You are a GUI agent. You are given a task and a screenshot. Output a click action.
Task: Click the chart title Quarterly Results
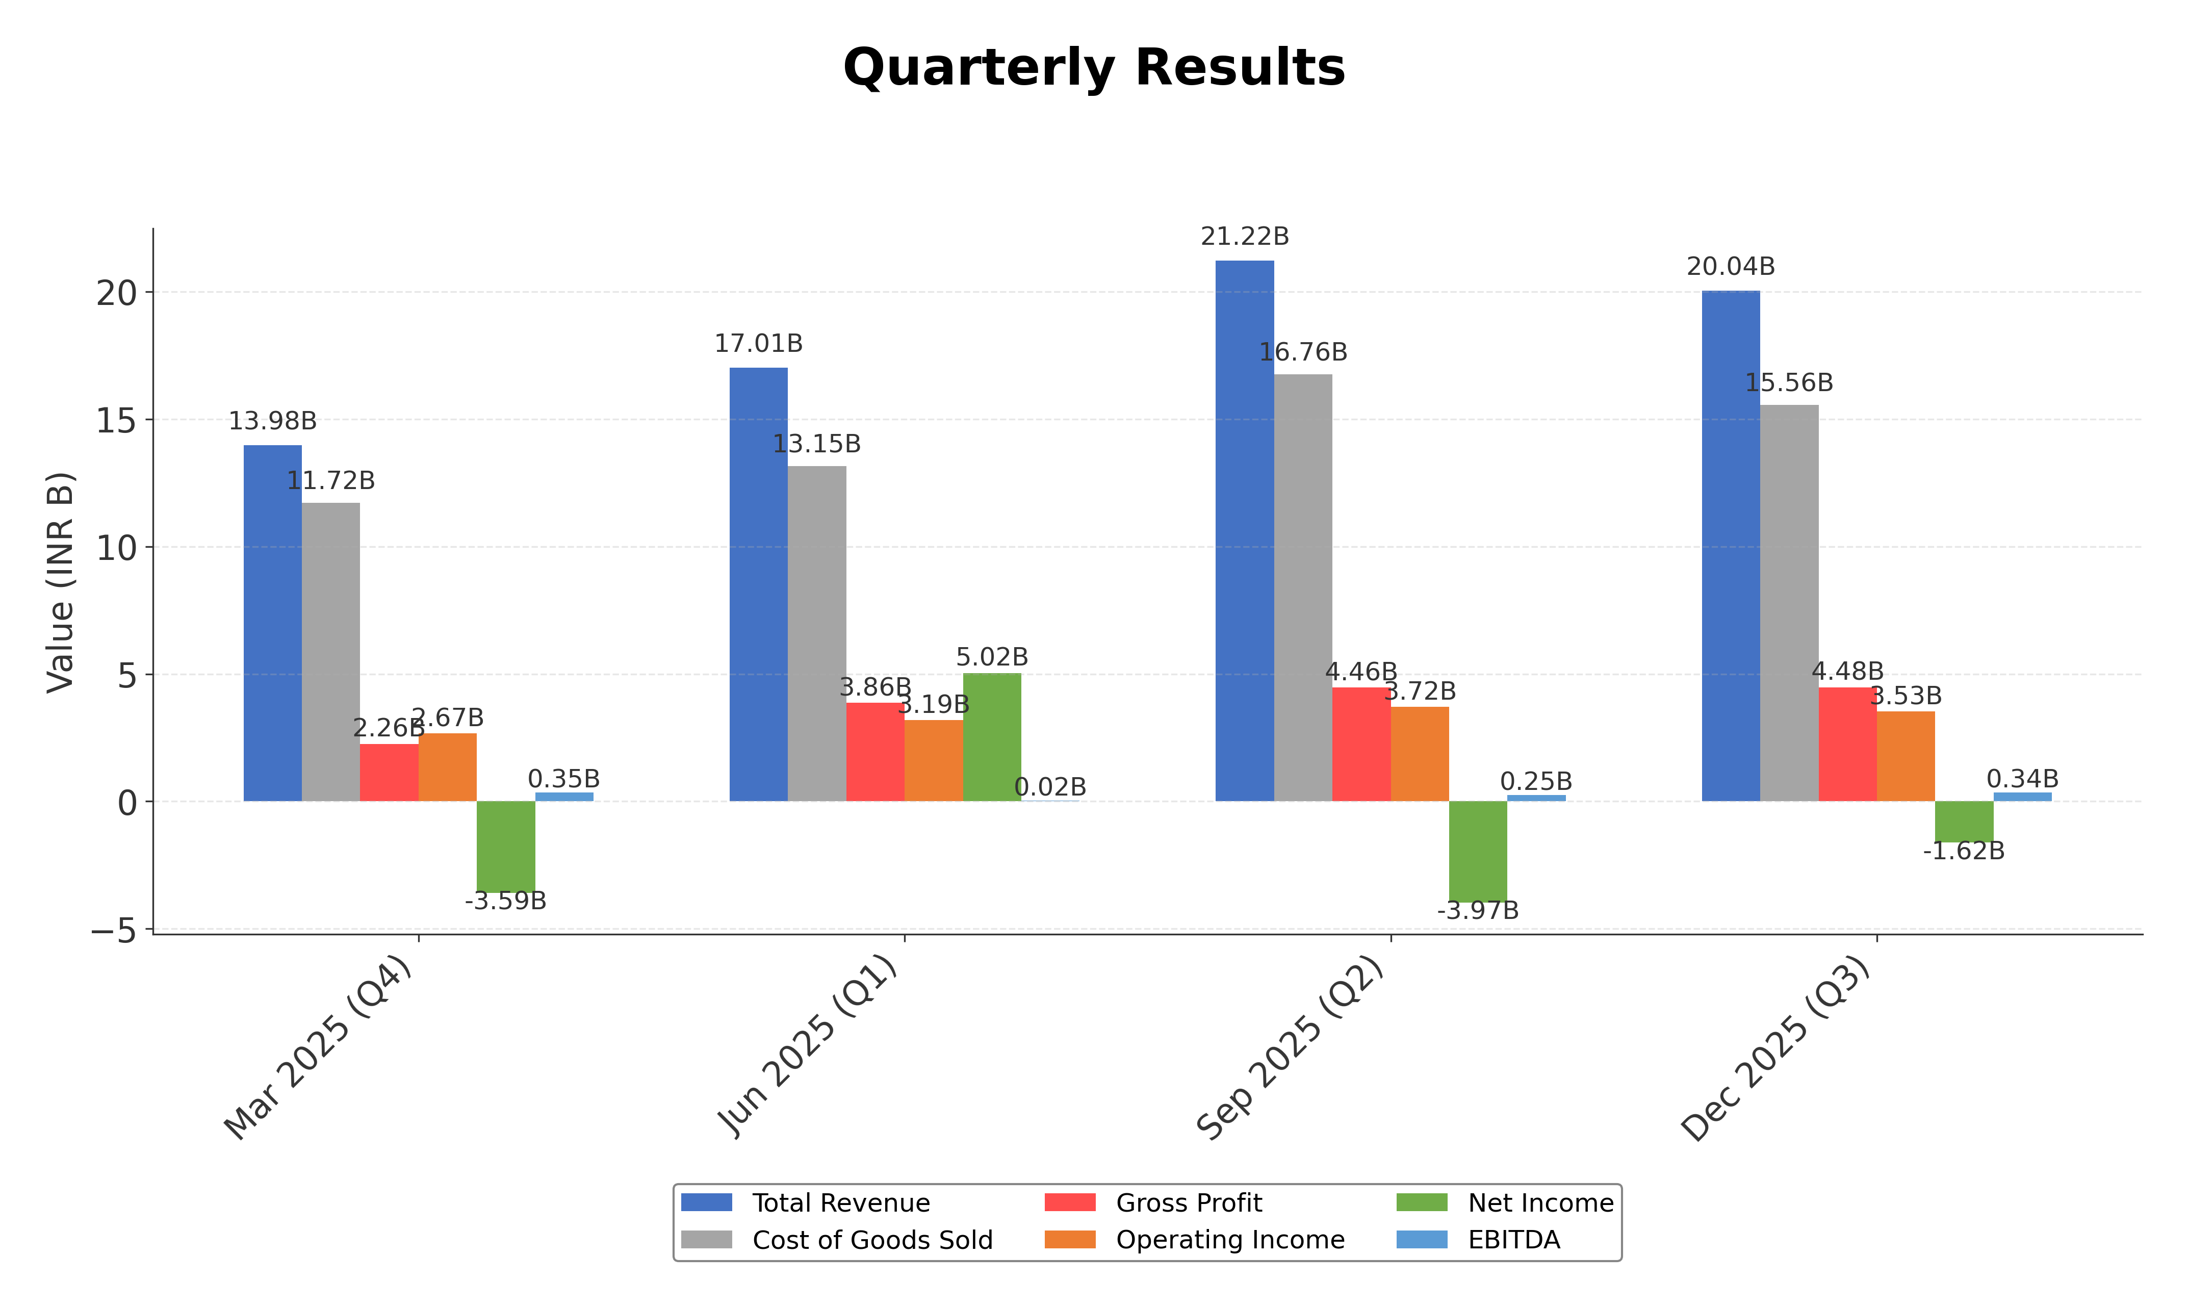[x=1094, y=68]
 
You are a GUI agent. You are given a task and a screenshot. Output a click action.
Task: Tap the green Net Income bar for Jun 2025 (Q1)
[x=991, y=737]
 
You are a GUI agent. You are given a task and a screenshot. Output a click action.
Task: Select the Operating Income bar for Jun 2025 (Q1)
[x=933, y=760]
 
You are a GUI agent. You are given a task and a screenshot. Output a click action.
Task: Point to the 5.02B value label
[x=991, y=657]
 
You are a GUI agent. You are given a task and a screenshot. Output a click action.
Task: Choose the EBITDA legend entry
[x=1513, y=1240]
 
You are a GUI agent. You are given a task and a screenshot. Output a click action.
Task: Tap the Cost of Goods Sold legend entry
[x=871, y=1240]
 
